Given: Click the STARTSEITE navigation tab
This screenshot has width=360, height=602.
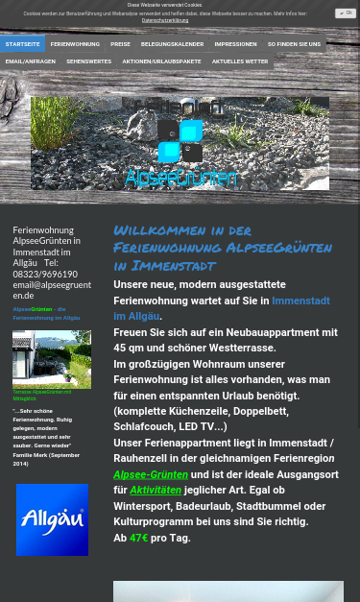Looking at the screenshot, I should (x=22, y=44).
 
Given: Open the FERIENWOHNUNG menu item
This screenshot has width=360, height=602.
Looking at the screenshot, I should (x=75, y=44).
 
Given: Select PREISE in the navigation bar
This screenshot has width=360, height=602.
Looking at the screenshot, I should (x=120, y=44).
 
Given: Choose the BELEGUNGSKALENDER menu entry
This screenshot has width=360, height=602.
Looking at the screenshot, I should (x=172, y=44).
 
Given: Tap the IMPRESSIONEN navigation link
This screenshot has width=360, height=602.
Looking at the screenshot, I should (x=235, y=44).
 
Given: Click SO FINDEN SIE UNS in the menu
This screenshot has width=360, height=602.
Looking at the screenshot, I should (x=294, y=44).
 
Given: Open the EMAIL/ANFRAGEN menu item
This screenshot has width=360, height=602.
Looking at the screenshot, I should (x=31, y=61).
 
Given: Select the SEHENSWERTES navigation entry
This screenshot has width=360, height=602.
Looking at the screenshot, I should (x=88, y=61).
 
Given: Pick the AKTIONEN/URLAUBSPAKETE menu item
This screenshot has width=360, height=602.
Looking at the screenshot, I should (x=161, y=61).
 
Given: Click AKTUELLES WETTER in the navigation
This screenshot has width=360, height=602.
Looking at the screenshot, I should (x=240, y=61).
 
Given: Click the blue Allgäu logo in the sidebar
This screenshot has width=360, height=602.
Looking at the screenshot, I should (x=52, y=519).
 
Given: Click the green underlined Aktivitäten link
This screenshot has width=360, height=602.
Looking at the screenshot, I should (x=156, y=490).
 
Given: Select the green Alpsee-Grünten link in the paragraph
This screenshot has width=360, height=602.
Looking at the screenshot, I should (x=150, y=474).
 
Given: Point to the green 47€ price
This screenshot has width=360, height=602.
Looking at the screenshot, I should (x=138, y=538).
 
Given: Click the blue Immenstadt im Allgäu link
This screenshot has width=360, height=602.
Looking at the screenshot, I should (x=221, y=308).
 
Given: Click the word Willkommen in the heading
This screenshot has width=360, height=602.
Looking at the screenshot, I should (x=156, y=230).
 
